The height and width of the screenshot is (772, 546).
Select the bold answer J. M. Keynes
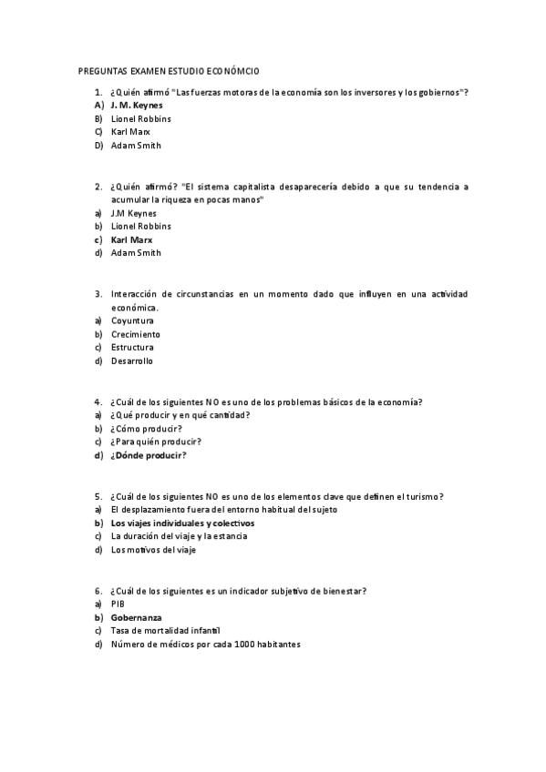click(x=136, y=105)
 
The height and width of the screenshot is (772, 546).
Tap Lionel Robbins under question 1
click(x=140, y=118)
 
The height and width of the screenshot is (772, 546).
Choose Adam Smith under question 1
click(x=136, y=145)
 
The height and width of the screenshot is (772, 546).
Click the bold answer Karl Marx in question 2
click(x=131, y=239)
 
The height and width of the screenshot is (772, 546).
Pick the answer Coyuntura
click(x=132, y=320)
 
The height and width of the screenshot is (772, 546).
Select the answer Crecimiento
click(x=135, y=334)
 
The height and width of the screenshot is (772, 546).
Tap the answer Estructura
click(x=132, y=347)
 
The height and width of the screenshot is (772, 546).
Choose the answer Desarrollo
click(x=132, y=361)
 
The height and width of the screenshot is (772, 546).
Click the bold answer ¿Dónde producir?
click(x=148, y=455)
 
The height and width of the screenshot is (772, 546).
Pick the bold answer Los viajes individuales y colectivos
click(x=182, y=523)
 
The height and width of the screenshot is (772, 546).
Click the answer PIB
click(x=118, y=604)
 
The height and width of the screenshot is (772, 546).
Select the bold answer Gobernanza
click(x=136, y=617)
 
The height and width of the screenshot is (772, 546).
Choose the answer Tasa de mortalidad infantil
click(x=166, y=630)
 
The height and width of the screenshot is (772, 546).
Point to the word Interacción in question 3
click(x=133, y=294)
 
